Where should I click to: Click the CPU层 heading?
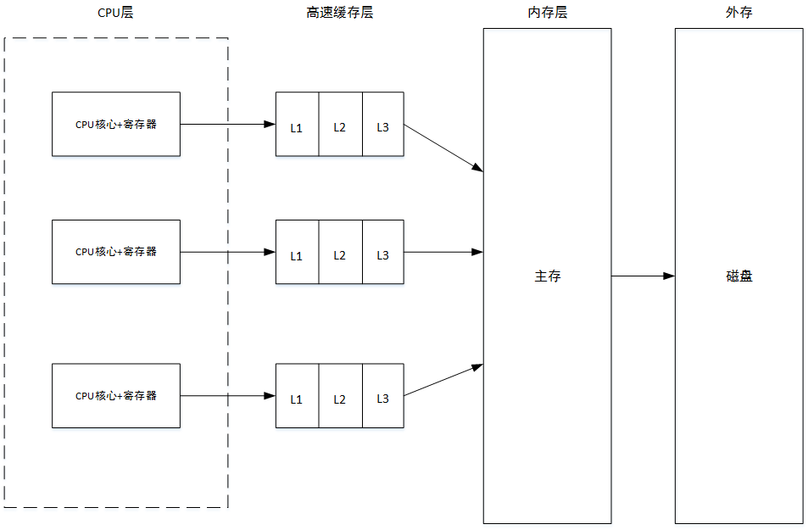pos(115,14)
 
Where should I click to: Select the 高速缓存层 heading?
pos(339,14)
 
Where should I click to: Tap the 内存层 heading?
pos(547,14)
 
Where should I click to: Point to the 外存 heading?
pos(738,14)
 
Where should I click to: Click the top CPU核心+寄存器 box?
pos(116,124)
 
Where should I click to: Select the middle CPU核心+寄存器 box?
pos(116,252)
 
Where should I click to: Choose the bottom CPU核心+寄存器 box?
pos(116,396)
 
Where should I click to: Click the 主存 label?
pos(547,276)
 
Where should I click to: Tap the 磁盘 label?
pos(738,276)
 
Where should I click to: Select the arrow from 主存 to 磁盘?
pos(643,276)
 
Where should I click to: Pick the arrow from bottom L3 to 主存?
pos(443,380)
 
